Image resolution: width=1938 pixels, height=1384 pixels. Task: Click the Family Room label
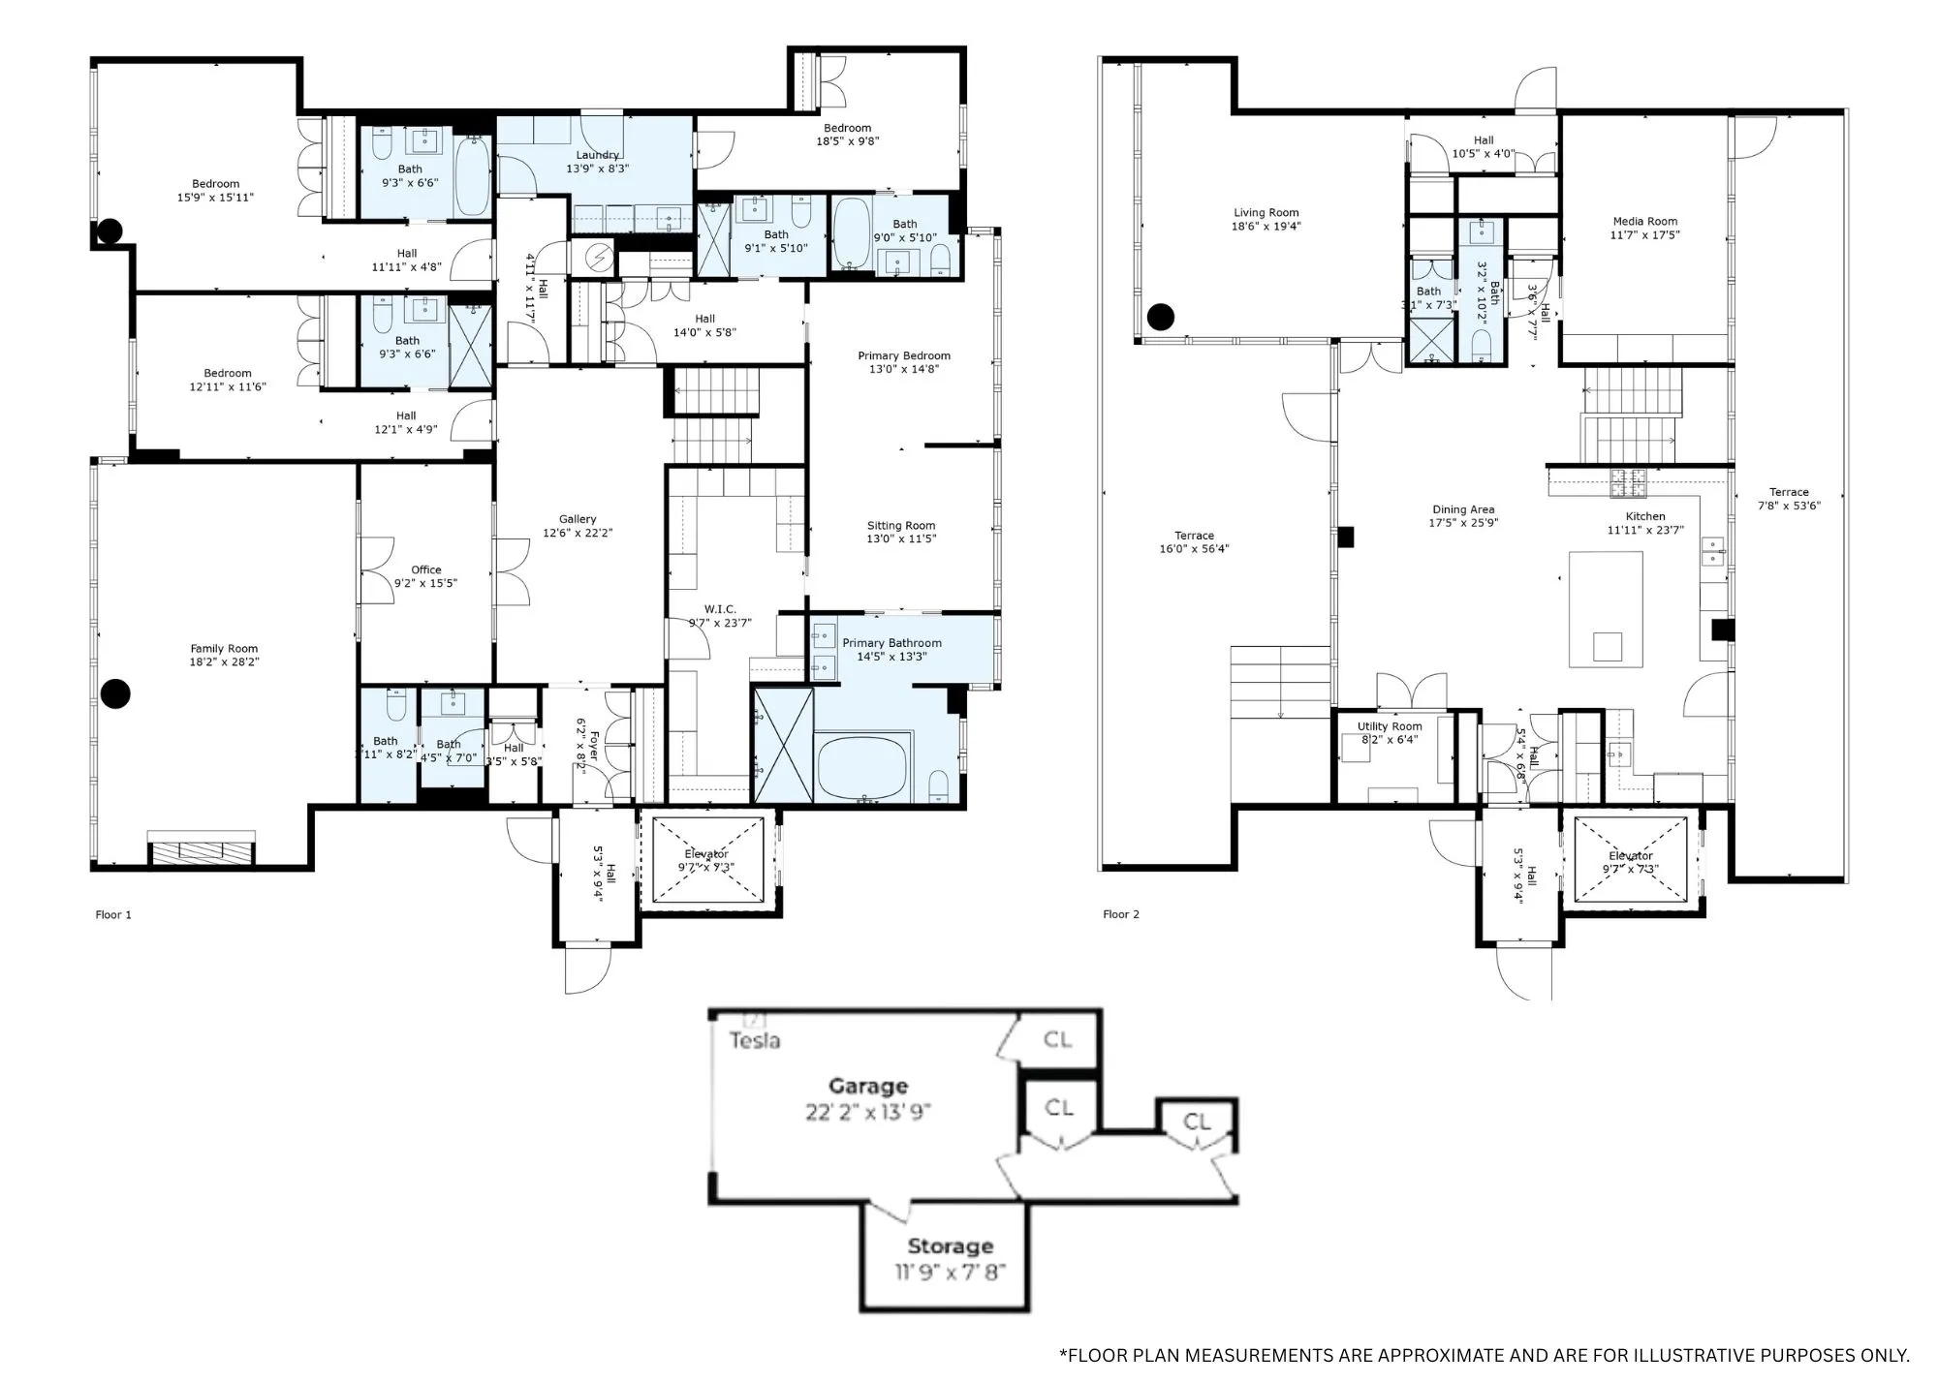[x=224, y=649]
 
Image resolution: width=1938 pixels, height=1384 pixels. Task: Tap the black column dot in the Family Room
[x=116, y=693]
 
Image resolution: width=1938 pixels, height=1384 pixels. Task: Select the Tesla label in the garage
[x=755, y=1041]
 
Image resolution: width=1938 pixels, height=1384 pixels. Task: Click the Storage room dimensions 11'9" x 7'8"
[x=950, y=1272]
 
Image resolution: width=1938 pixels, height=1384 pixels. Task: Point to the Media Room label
[x=1644, y=221]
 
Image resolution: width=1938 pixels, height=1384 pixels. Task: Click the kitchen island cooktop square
[x=1607, y=646]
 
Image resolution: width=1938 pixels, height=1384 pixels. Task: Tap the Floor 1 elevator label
[x=706, y=854]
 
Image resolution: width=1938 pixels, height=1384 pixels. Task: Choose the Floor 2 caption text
[x=1121, y=914]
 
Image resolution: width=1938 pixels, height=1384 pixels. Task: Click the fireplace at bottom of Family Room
[x=202, y=852]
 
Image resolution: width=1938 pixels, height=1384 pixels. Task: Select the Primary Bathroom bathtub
[x=861, y=766]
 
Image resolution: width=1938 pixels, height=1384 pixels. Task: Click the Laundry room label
[x=597, y=155]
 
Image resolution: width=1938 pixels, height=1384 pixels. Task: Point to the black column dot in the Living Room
[x=1161, y=316]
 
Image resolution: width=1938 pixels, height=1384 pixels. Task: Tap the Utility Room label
[x=1390, y=726]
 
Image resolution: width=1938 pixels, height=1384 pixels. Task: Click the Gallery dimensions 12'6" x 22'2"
[x=578, y=533]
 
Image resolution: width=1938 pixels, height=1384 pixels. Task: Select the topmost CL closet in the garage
[x=1057, y=1039]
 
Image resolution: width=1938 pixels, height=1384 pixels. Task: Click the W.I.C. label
[x=720, y=609]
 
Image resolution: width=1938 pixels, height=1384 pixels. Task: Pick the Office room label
[x=425, y=569]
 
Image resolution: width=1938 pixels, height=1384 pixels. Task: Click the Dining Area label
[x=1463, y=509]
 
